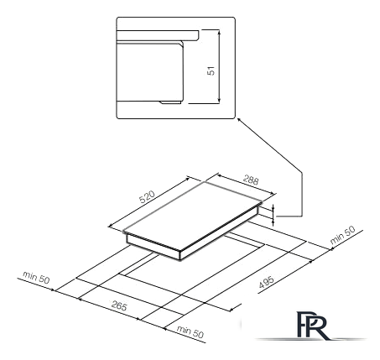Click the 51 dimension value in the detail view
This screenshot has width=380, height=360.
click(211, 70)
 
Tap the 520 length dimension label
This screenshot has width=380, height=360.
click(147, 196)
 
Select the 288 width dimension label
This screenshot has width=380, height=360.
click(251, 180)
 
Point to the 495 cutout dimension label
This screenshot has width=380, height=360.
click(266, 282)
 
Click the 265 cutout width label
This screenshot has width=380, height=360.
click(119, 305)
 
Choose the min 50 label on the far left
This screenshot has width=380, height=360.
click(36, 277)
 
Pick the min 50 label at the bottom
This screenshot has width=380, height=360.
click(190, 331)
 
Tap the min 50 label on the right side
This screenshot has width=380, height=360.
click(342, 235)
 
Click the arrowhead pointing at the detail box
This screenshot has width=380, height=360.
click(239, 120)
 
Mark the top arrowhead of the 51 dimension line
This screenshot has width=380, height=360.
click(219, 33)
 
